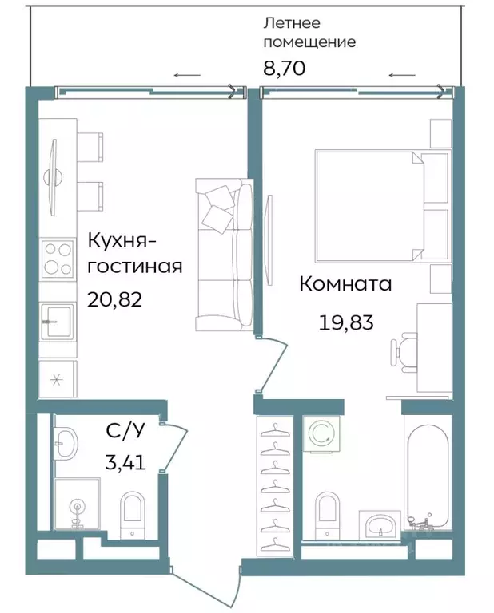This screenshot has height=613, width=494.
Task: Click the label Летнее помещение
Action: pos(309,33)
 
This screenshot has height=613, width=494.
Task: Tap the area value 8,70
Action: pos(284,69)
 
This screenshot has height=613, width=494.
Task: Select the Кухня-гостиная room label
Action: pos(134,252)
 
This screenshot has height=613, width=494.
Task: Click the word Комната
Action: pos(345,283)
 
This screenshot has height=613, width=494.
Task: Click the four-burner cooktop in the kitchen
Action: pos(58,258)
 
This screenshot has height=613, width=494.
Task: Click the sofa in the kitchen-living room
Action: pos(224,254)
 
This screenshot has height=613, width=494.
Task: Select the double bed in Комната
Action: pos(369,205)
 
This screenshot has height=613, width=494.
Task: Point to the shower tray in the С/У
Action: pos(77,505)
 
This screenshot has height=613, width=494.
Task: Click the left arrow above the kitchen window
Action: pos(187,76)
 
